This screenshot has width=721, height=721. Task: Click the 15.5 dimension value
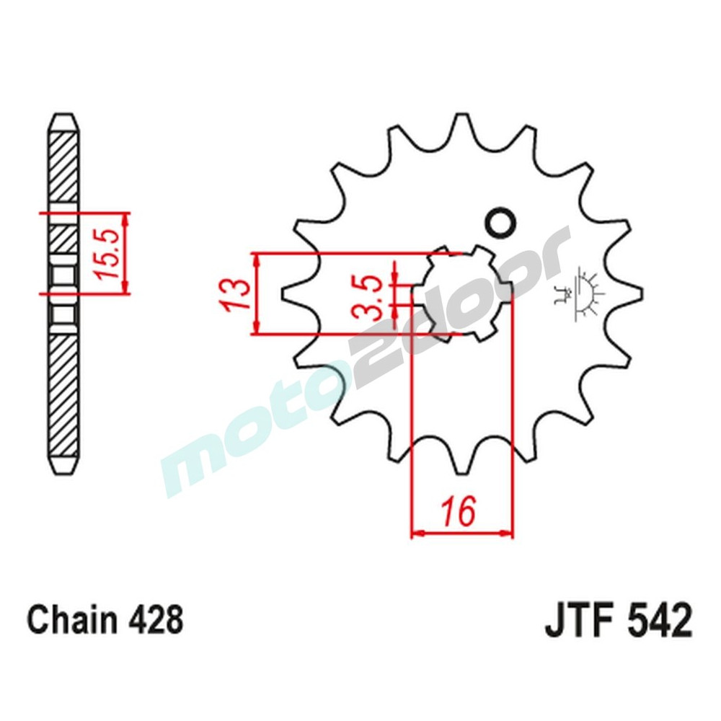[x=106, y=253]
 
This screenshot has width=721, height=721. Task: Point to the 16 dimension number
[x=461, y=513]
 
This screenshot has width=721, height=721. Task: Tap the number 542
[x=657, y=621]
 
